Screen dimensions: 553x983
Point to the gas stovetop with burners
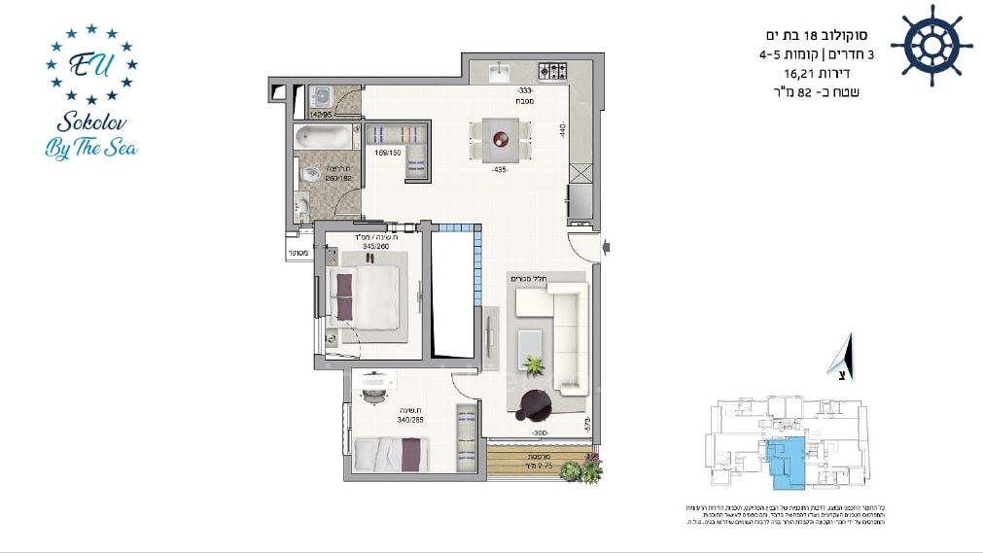pos(552,71)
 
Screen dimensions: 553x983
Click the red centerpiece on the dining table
pos(502,138)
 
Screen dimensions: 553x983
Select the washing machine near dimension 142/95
pos(322,97)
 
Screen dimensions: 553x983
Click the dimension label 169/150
pos(387,152)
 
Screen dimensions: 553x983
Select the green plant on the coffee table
pos(533,366)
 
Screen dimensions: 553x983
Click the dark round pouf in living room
pos(534,405)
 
